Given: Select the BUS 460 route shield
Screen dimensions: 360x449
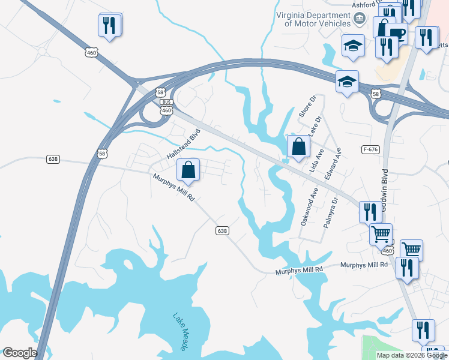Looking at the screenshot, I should (166, 107).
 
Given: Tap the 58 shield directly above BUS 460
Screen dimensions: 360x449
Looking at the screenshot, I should (160, 92).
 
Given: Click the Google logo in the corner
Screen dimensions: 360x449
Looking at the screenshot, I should (19, 353).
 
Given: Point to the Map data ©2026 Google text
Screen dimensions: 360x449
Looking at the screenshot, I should (412, 355).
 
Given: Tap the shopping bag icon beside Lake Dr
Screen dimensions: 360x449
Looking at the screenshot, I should (298, 146).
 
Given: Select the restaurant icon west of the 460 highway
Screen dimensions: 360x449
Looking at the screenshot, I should (109, 25).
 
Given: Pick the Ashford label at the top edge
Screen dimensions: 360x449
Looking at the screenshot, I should (364, 4).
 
